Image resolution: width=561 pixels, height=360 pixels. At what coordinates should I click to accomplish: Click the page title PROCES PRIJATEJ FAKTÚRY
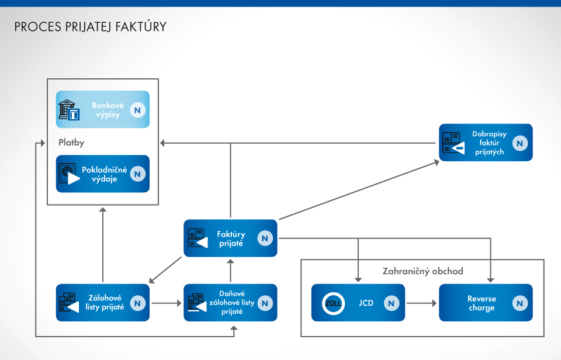click(91, 27)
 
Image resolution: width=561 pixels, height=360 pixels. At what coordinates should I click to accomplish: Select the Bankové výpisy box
click(103, 109)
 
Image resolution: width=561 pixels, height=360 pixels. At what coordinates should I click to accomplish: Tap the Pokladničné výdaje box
click(103, 174)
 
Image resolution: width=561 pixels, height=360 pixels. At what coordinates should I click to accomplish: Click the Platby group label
click(71, 142)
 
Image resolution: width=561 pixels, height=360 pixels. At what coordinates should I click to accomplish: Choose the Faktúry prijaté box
click(230, 238)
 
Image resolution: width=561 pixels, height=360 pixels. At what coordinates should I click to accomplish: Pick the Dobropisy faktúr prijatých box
click(486, 143)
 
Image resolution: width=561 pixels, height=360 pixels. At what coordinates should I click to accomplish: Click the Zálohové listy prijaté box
click(103, 303)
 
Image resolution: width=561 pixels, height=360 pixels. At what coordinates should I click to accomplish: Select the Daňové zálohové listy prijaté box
click(230, 303)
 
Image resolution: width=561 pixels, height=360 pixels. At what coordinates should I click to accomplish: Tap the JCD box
click(358, 303)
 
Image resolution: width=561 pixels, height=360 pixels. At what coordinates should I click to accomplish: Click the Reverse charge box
click(486, 303)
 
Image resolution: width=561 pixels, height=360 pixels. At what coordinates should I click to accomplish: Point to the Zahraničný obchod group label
click(423, 271)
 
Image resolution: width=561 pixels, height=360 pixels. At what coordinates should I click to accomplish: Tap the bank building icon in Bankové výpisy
click(69, 110)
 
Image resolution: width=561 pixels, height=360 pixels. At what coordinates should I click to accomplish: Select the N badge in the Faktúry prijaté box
click(265, 238)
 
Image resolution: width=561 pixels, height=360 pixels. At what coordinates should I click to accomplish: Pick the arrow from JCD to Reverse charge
click(422, 303)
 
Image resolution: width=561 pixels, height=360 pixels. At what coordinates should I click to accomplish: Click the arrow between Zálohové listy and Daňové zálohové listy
click(167, 303)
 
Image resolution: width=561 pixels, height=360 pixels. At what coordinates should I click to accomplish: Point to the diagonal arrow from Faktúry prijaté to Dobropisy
click(359, 191)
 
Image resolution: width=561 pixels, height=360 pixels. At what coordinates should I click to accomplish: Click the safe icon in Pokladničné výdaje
click(69, 174)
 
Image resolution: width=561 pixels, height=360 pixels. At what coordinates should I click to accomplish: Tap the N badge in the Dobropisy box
click(520, 143)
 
